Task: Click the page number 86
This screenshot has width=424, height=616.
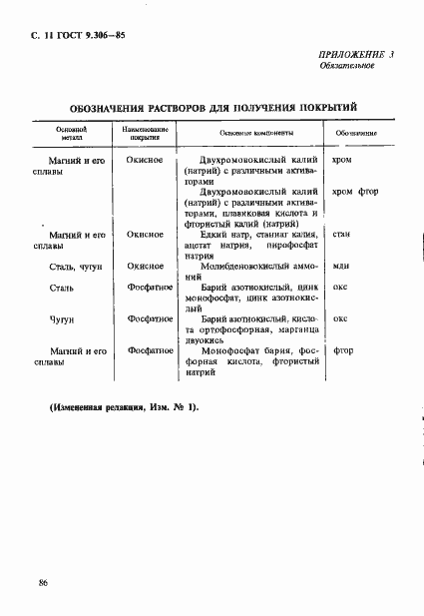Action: (x=43, y=582)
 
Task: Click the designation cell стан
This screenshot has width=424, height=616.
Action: (x=340, y=234)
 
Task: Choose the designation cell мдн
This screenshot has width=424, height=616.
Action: (x=340, y=266)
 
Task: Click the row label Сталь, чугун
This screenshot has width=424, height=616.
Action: (x=73, y=266)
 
